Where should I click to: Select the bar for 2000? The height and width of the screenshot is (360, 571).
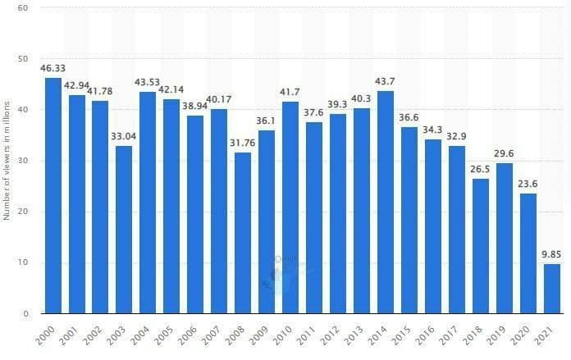click(x=53, y=196)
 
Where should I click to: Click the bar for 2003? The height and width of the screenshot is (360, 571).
click(x=124, y=230)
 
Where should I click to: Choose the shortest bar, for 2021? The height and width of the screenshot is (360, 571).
click(x=550, y=289)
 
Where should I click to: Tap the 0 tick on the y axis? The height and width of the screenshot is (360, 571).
click(x=25, y=313)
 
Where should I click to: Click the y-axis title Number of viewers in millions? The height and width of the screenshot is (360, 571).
click(x=7, y=161)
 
